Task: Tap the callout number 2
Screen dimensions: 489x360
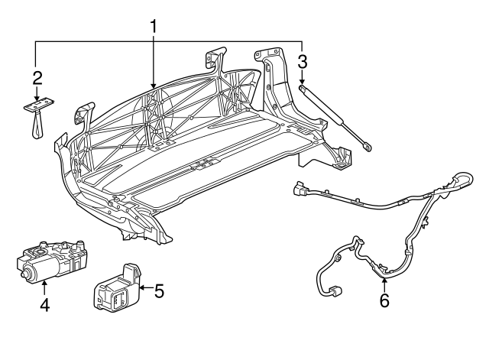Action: [x=37, y=78]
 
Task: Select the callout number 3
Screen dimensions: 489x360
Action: [x=303, y=62]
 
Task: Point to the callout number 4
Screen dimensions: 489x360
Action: [x=45, y=305]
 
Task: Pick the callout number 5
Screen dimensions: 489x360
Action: [x=159, y=291]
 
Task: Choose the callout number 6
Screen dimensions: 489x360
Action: [x=384, y=300]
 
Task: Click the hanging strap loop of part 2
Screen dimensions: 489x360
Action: [x=37, y=125]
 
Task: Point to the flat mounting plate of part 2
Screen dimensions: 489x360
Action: [x=39, y=105]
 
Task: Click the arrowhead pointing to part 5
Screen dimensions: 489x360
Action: [x=143, y=287]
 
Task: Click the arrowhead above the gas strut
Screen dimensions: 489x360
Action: [x=302, y=82]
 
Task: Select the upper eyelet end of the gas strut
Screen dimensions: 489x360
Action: [x=303, y=89]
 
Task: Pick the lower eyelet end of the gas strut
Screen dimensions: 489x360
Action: [x=368, y=148]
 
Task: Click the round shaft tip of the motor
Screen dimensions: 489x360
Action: [x=23, y=274]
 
